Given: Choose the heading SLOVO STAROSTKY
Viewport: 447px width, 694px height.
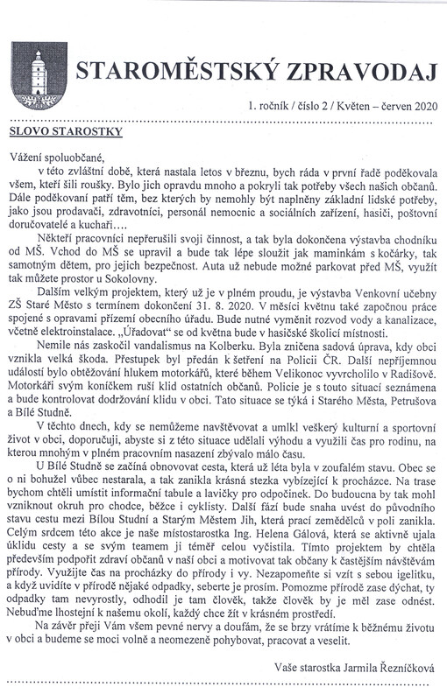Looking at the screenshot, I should point(62,130).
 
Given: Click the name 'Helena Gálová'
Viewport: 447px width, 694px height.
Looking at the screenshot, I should point(331,560).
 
